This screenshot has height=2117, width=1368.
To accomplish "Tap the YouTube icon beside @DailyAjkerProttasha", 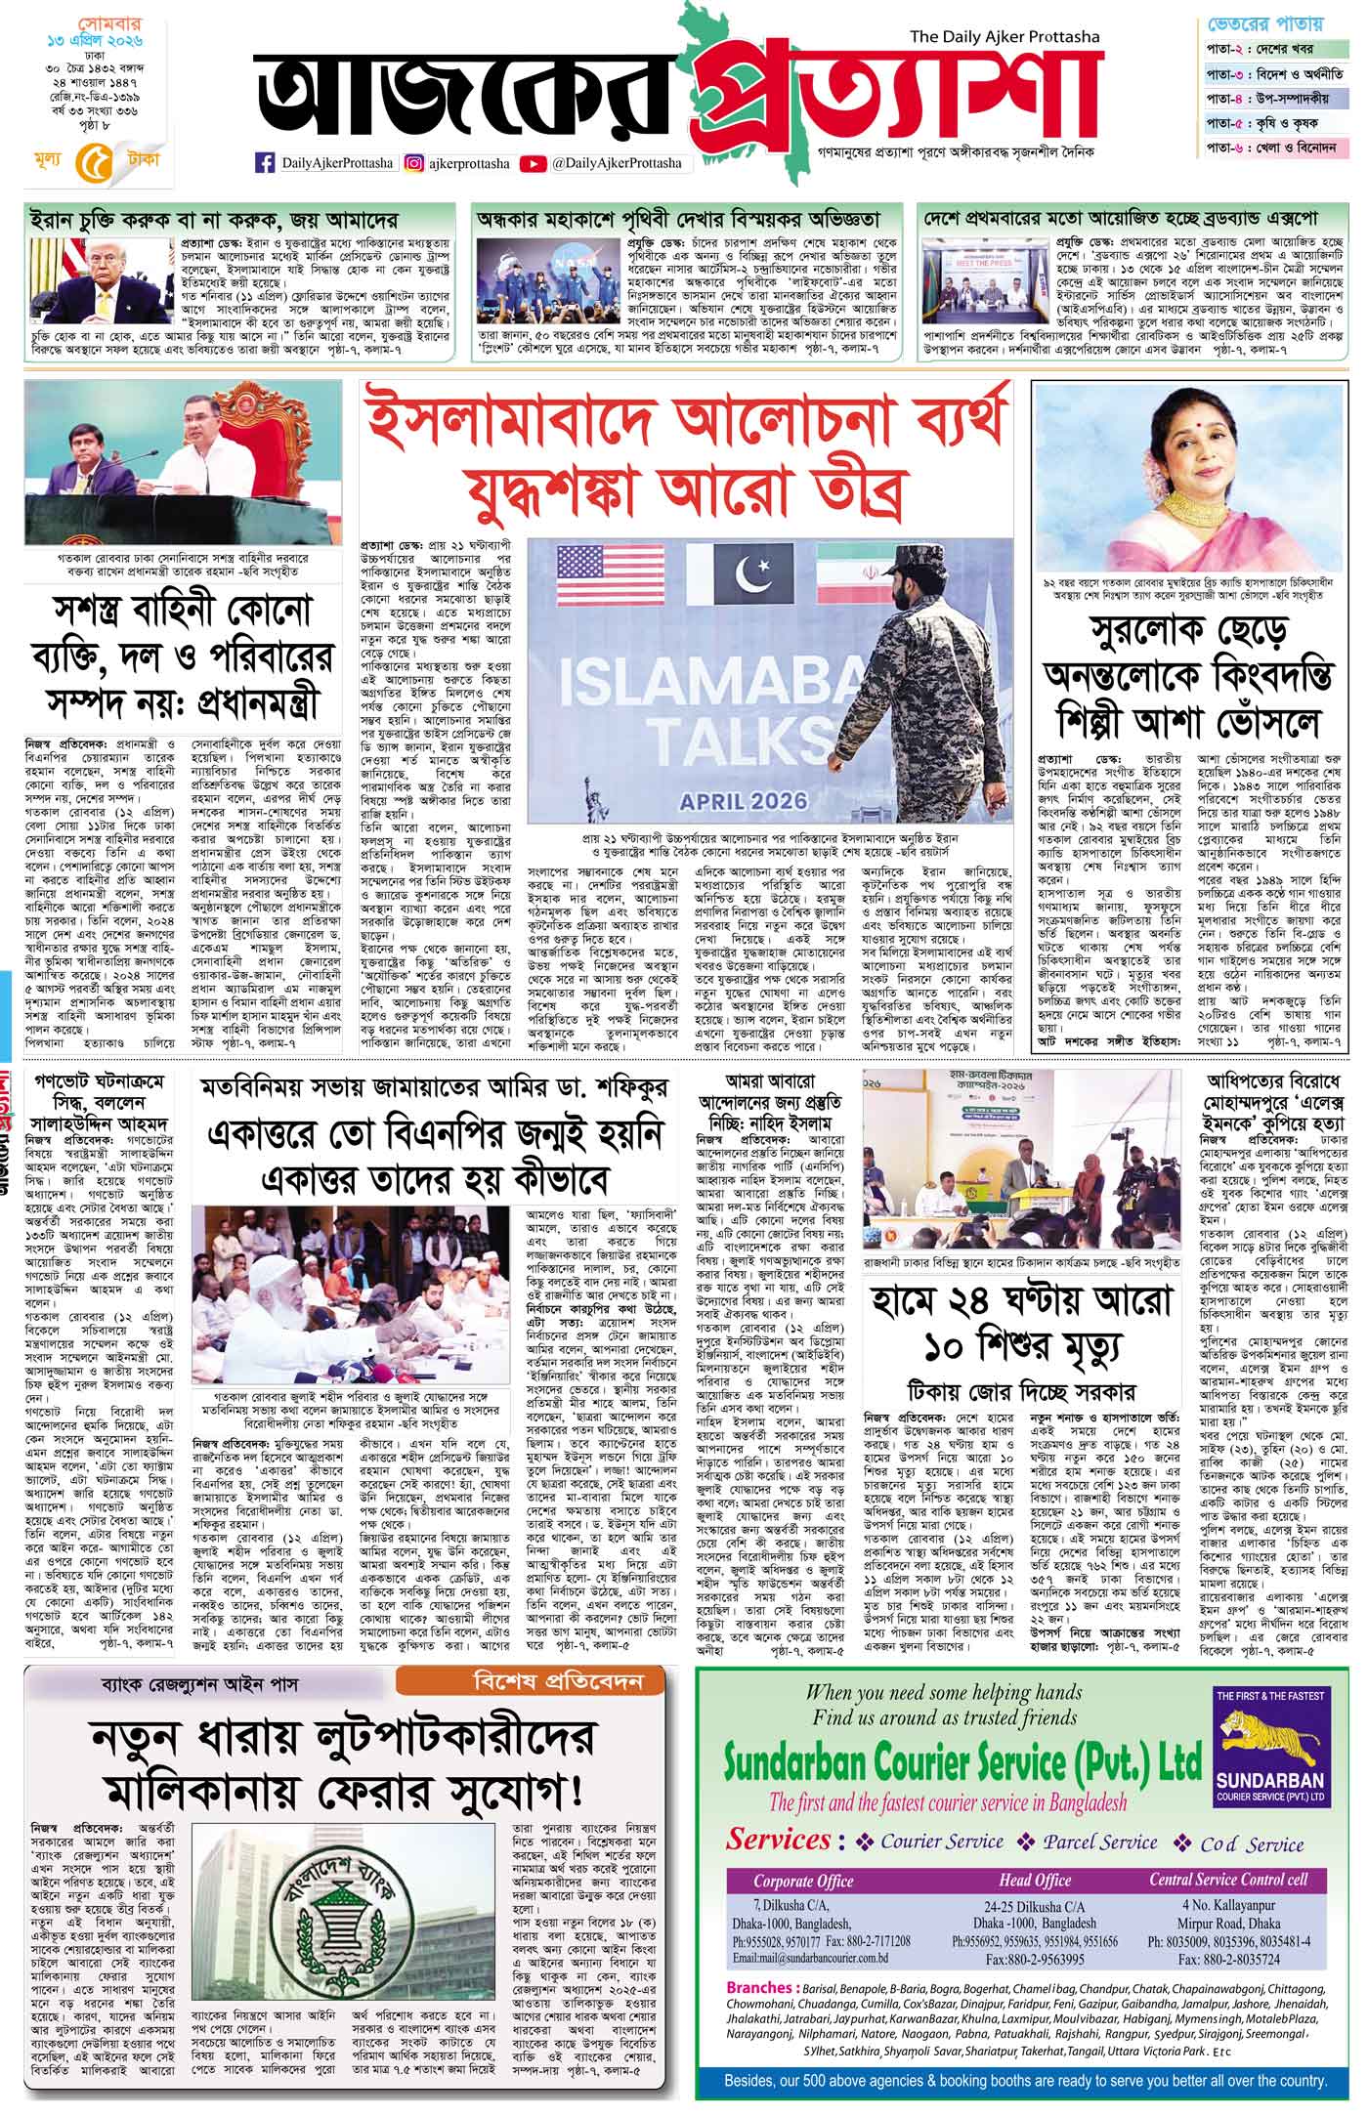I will pyautogui.click(x=534, y=164).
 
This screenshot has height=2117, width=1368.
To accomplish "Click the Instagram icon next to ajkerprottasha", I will pyautogui.click(x=414, y=164).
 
